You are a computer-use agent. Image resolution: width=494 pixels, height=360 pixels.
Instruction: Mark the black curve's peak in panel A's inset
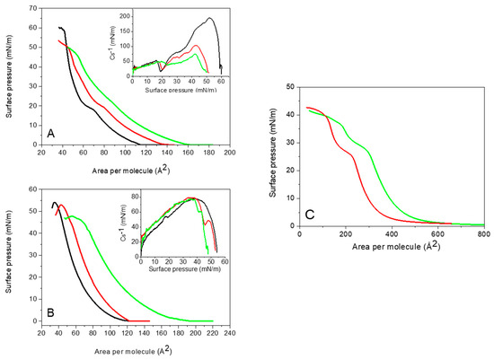[209, 18]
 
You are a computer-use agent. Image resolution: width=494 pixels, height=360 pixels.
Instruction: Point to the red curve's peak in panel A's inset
[195, 45]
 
